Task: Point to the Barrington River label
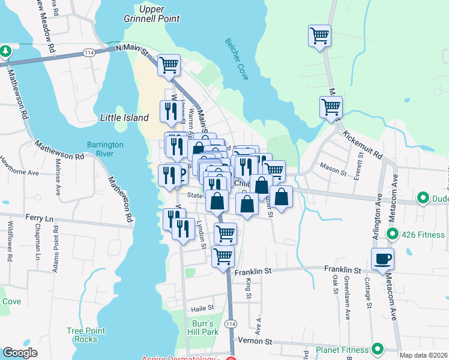tap(105, 149)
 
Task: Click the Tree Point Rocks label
tap(86, 335)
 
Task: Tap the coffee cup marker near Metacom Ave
tap(382, 259)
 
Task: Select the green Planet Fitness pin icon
tap(378, 349)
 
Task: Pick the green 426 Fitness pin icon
tap(393, 233)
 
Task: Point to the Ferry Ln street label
tap(40, 217)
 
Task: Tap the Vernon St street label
tap(261, 341)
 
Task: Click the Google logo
tap(20, 353)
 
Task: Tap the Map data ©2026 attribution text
tap(424, 355)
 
